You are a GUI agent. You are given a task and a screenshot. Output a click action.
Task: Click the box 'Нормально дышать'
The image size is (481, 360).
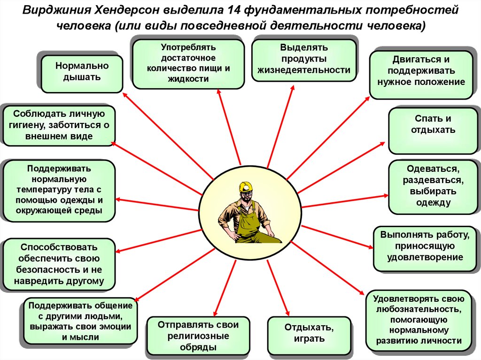82,73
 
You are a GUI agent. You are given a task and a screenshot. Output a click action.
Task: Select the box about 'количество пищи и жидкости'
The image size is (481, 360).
188,63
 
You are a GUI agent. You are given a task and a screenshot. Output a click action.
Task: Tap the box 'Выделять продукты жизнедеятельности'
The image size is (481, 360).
304,59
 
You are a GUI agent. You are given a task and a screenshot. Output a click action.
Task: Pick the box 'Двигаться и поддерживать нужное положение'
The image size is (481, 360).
421,74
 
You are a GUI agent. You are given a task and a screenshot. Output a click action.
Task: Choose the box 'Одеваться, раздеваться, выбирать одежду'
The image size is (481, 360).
433,186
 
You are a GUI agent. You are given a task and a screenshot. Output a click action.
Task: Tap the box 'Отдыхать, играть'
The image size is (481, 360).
309,335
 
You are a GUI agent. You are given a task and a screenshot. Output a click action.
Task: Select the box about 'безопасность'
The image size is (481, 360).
58,264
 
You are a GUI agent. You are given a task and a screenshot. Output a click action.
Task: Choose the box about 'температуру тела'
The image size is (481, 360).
59,190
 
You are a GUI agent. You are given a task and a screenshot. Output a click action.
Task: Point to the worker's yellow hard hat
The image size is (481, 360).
246,187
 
